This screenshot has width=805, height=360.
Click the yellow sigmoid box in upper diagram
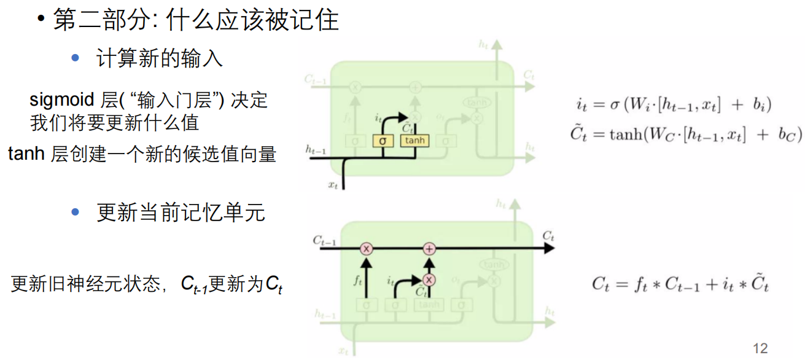383,141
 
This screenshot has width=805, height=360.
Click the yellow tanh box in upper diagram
414,141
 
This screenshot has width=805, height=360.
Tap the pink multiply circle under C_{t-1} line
367,248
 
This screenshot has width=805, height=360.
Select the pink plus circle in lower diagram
429,248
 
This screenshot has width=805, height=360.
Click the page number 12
760,348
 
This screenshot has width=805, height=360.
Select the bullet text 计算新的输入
160,58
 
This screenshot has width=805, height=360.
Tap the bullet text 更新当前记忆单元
181,213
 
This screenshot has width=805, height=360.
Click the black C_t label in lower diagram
548,236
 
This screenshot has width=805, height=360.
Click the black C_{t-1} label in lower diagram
324,240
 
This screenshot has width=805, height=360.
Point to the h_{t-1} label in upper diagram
317,149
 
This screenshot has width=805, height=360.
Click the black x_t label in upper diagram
333,184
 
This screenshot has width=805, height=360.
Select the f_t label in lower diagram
359,281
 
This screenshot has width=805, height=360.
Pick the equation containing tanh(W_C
685,134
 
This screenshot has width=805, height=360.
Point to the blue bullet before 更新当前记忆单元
76,213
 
